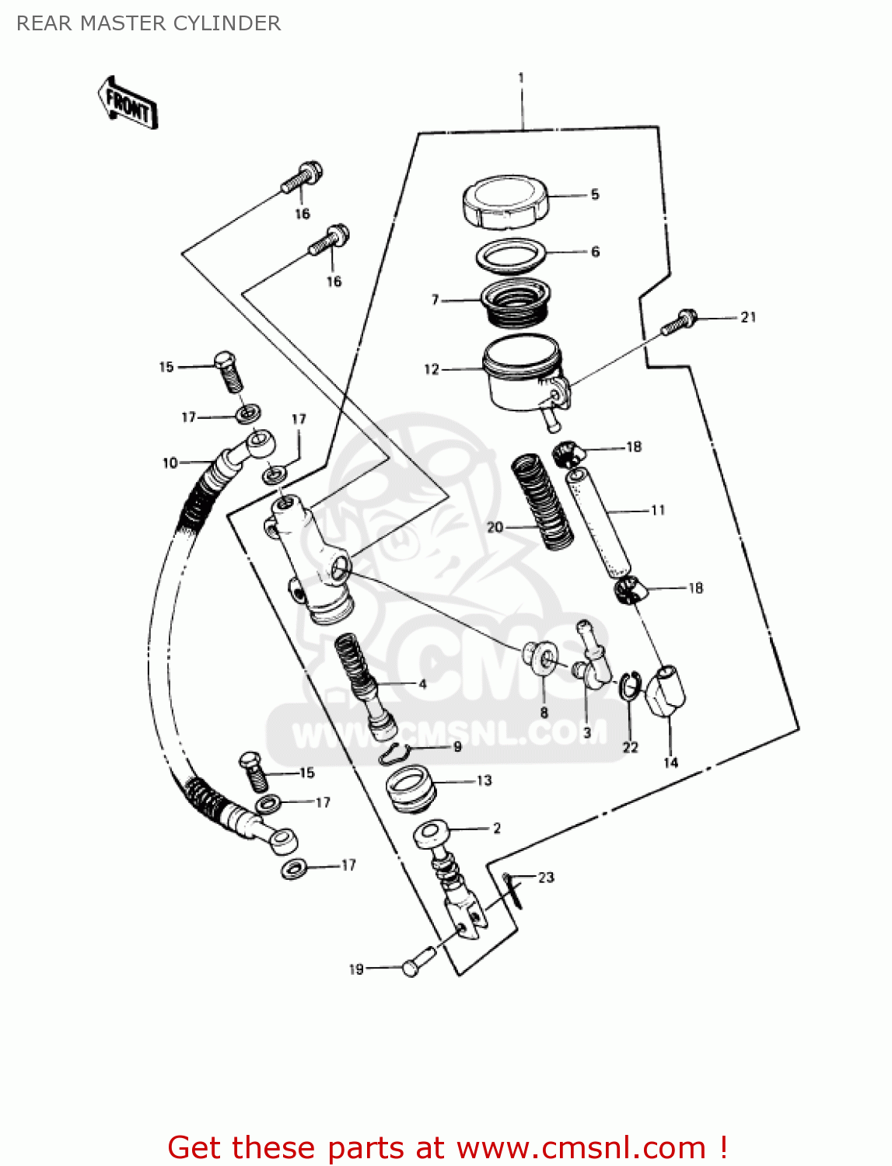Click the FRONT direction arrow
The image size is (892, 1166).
coord(128,103)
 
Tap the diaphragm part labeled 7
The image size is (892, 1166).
coord(516,303)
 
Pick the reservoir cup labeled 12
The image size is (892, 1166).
coord(521,373)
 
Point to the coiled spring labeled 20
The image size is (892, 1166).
coord(541,501)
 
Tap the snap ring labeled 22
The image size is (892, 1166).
coord(629,686)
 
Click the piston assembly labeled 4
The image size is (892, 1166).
coord(364,685)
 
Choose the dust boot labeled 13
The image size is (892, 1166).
coord(411,788)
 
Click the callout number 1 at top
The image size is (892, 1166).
coord(520,78)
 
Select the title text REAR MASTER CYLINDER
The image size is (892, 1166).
coord(149,23)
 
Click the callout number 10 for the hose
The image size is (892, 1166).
coord(170,463)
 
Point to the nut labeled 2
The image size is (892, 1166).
coord(432,833)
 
